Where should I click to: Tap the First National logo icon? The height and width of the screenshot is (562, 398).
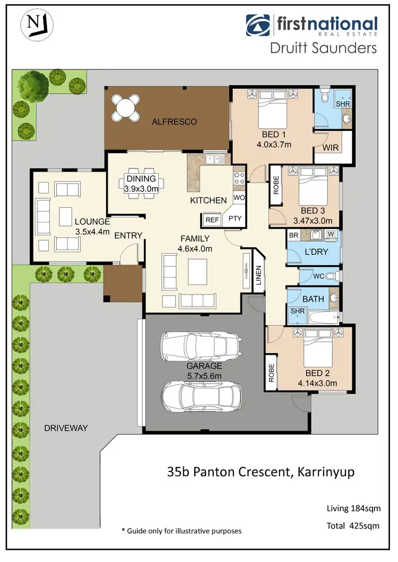257,25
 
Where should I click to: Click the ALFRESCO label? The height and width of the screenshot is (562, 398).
174,122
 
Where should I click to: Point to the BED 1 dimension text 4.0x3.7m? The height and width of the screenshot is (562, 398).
274,144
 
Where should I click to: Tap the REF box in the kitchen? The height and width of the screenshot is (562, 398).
212,219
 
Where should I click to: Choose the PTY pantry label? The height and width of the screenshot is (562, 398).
234,218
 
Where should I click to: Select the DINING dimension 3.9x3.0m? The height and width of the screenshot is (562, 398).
141,189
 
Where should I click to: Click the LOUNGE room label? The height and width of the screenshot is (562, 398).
92,221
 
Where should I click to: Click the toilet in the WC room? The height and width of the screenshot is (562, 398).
330,276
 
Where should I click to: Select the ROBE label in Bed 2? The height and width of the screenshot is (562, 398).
271,374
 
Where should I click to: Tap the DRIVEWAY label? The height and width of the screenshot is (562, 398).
66,427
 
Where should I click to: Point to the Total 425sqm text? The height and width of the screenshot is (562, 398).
351,526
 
